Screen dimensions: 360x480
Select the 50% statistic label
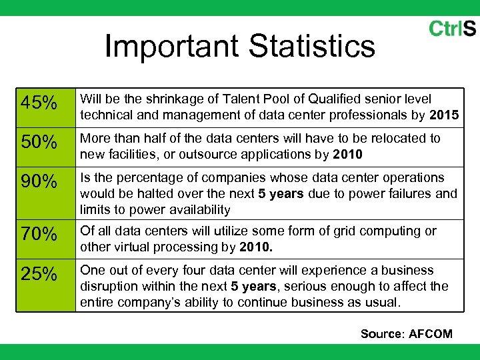coord(39,143)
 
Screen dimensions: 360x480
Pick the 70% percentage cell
coord(39,235)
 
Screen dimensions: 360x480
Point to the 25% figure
coord(39,275)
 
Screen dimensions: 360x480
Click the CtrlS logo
coord(452,29)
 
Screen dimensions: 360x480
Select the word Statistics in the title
coord(311,47)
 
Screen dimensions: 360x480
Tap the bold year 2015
coord(444,115)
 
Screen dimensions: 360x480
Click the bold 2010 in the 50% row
coord(348,155)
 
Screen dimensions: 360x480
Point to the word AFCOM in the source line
coord(430,334)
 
